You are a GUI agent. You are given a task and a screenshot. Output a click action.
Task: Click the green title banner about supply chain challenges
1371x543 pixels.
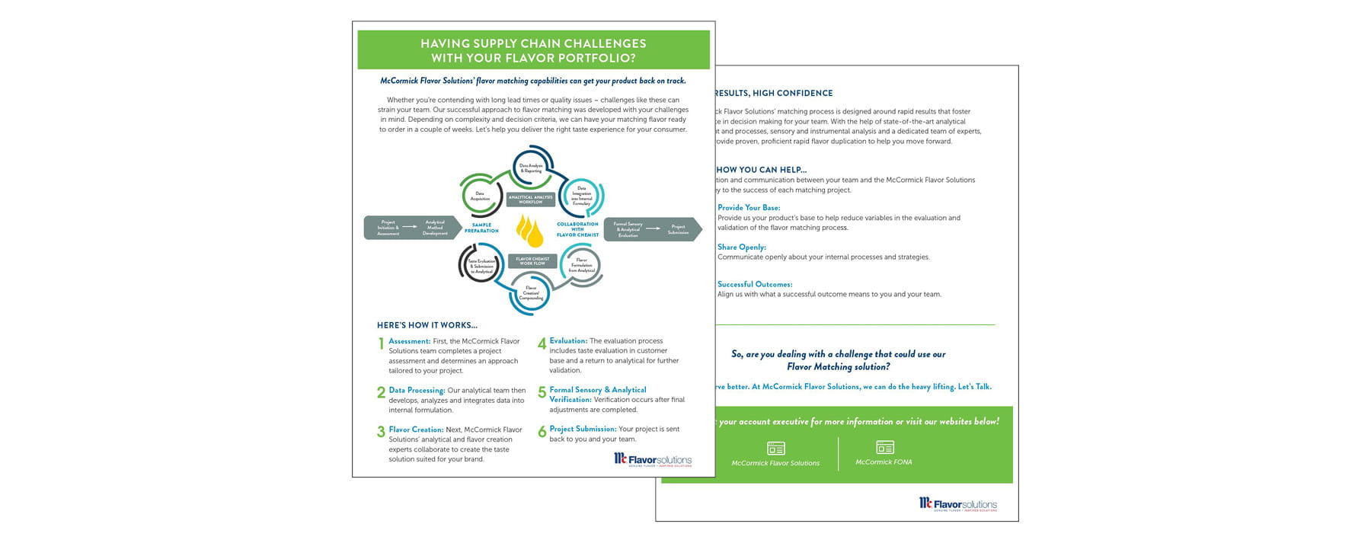533,50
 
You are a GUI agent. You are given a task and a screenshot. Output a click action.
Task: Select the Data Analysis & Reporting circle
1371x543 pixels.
531,168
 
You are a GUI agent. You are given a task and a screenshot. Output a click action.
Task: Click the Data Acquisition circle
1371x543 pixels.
481,196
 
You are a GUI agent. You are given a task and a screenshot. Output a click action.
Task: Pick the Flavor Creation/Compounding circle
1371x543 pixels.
532,293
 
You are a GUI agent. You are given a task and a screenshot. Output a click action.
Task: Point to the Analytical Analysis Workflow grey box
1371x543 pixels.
531,200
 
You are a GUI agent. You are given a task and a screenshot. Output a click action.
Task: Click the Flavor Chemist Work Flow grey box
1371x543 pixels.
532,261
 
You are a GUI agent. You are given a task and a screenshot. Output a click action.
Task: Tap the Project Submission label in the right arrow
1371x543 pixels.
678,229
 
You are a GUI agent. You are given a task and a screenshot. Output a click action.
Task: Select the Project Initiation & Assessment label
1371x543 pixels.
388,228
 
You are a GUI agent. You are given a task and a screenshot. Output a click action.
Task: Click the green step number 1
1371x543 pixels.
381,344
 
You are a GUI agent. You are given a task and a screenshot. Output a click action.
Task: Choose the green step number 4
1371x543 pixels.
542,344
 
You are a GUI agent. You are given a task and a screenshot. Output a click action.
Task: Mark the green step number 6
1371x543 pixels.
542,433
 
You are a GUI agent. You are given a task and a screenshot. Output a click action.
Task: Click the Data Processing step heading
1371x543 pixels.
417,391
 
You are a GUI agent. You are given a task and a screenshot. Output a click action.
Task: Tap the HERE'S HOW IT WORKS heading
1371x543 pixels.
427,325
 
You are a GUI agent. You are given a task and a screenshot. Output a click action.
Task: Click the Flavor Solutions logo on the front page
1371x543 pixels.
653,459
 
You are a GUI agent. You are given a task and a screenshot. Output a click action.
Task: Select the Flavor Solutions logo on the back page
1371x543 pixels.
957,504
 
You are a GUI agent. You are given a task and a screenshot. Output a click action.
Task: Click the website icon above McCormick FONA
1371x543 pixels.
884,447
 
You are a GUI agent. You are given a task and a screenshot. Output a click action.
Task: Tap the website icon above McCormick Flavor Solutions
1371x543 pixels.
775,449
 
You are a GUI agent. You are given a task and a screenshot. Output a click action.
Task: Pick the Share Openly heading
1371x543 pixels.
741,248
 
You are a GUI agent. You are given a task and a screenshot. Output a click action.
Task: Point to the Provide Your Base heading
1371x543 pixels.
749,208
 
